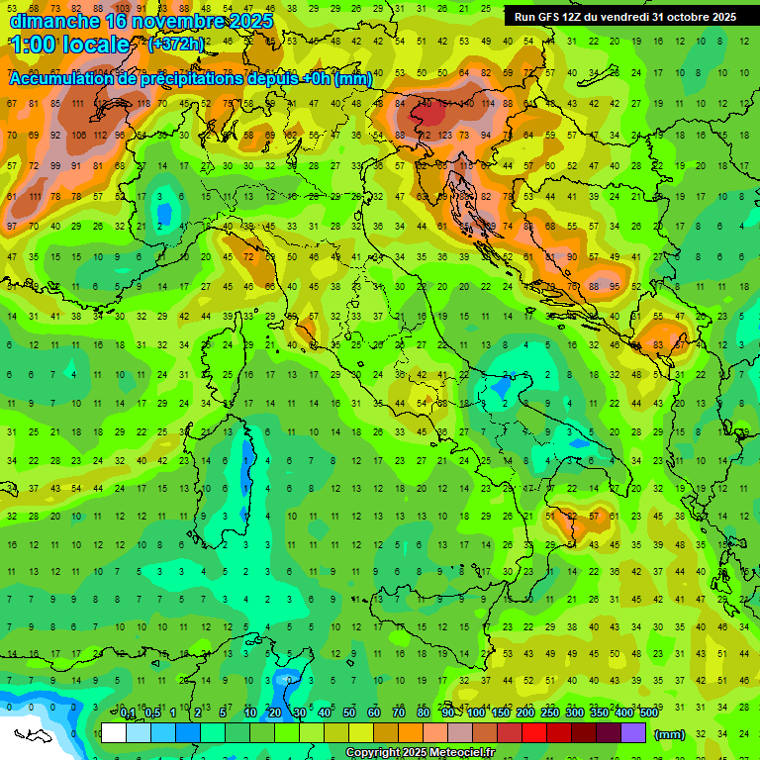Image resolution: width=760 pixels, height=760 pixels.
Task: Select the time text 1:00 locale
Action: point(69,46)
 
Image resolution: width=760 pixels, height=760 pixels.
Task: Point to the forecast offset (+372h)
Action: point(176,45)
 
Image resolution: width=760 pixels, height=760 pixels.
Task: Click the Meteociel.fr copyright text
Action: point(420,753)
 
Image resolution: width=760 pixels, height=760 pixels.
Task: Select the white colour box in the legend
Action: point(114,733)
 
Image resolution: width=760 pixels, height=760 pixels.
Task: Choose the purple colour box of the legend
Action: point(634,733)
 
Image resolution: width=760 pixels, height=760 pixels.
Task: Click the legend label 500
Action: point(649,713)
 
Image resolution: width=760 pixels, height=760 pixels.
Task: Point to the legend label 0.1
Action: point(128,713)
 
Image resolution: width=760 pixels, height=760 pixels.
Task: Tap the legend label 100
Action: point(476,713)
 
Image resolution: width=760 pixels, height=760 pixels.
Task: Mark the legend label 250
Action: point(550,713)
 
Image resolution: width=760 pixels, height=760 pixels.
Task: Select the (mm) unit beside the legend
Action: point(670,734)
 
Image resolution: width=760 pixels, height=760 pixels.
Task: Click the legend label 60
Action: point(374,713)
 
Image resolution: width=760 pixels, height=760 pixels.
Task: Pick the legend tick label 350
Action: point(600,713)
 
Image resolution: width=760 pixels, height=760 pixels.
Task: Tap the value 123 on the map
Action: point(441,135)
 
